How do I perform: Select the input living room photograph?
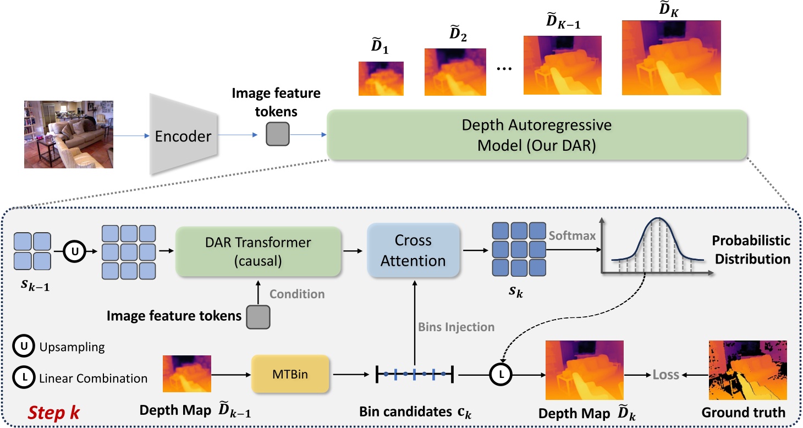69,134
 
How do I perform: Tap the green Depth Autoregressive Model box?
536,134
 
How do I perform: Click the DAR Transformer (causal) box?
258,252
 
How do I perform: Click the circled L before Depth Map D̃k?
501,375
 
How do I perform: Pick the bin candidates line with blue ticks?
414,375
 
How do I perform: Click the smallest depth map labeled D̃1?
381,79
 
